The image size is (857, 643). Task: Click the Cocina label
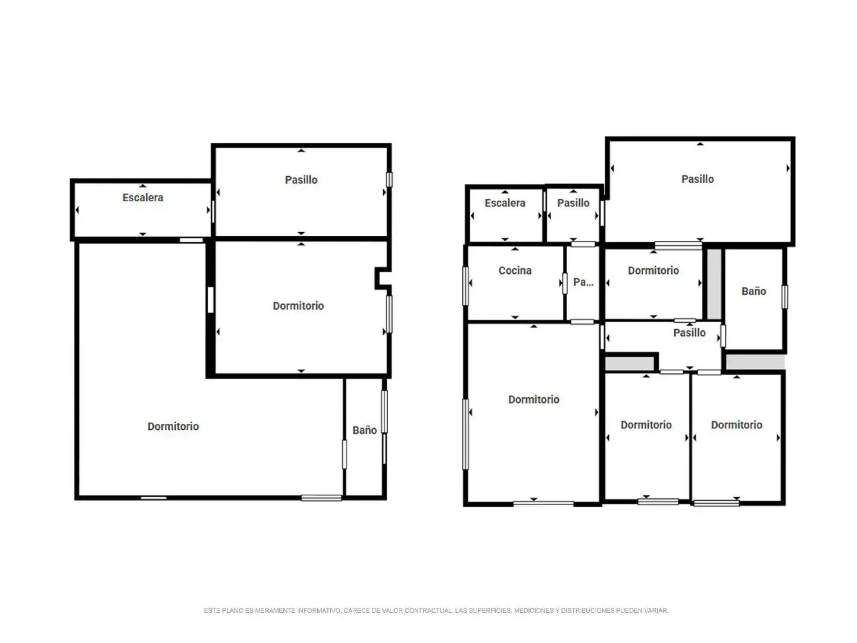click(x=515, y=270)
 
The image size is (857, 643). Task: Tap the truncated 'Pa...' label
click(x=583, y=282)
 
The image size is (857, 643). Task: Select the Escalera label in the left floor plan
click(x=142, y=198)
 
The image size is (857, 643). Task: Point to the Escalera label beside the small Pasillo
click(x=505, y=203)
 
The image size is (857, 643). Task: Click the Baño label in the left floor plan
click(x=364, y=430)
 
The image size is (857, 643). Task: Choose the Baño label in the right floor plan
click(x=753, y=291)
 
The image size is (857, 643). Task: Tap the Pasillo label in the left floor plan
click(x=301, y=180)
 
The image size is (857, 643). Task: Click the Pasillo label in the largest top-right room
click(x=698, y=179)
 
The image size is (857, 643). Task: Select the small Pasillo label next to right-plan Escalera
click(x=573, y=203)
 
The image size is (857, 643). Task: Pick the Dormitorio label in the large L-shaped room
click(x=173, y=426)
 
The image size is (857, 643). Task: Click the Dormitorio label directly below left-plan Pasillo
click(x=298, y=305)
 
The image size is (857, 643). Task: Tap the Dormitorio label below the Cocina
click(x=533, y=399)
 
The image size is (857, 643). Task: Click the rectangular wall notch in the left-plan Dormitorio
click(x=383, y=279)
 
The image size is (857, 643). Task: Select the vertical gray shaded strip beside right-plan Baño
click(x=714, y=284)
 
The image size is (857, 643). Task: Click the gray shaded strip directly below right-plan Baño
click(x=755, y=362)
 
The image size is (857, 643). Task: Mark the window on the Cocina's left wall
click(x=465, y=286)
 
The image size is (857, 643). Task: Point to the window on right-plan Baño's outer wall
click(x=784, y=296)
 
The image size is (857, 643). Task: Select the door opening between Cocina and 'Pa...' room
click(x=565, y=283)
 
